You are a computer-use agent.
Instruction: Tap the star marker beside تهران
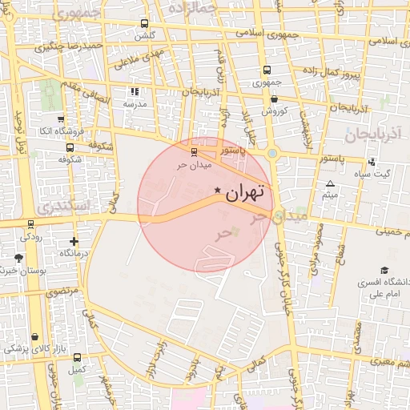[x=218, y=190]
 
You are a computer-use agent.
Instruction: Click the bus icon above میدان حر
[x=194, y=151]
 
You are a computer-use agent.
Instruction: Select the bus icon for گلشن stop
[x=144, y=24]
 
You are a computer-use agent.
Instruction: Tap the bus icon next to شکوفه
[x=70, y=148]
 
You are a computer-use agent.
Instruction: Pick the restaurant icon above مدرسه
[x=134, y=91]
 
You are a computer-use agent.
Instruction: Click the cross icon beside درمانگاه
[x=74, y=241]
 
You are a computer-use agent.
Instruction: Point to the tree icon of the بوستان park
[x=18, y=258]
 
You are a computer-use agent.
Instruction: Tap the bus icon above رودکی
[x=30, y=224]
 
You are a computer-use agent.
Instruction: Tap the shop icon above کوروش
[x=274, y=99]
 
